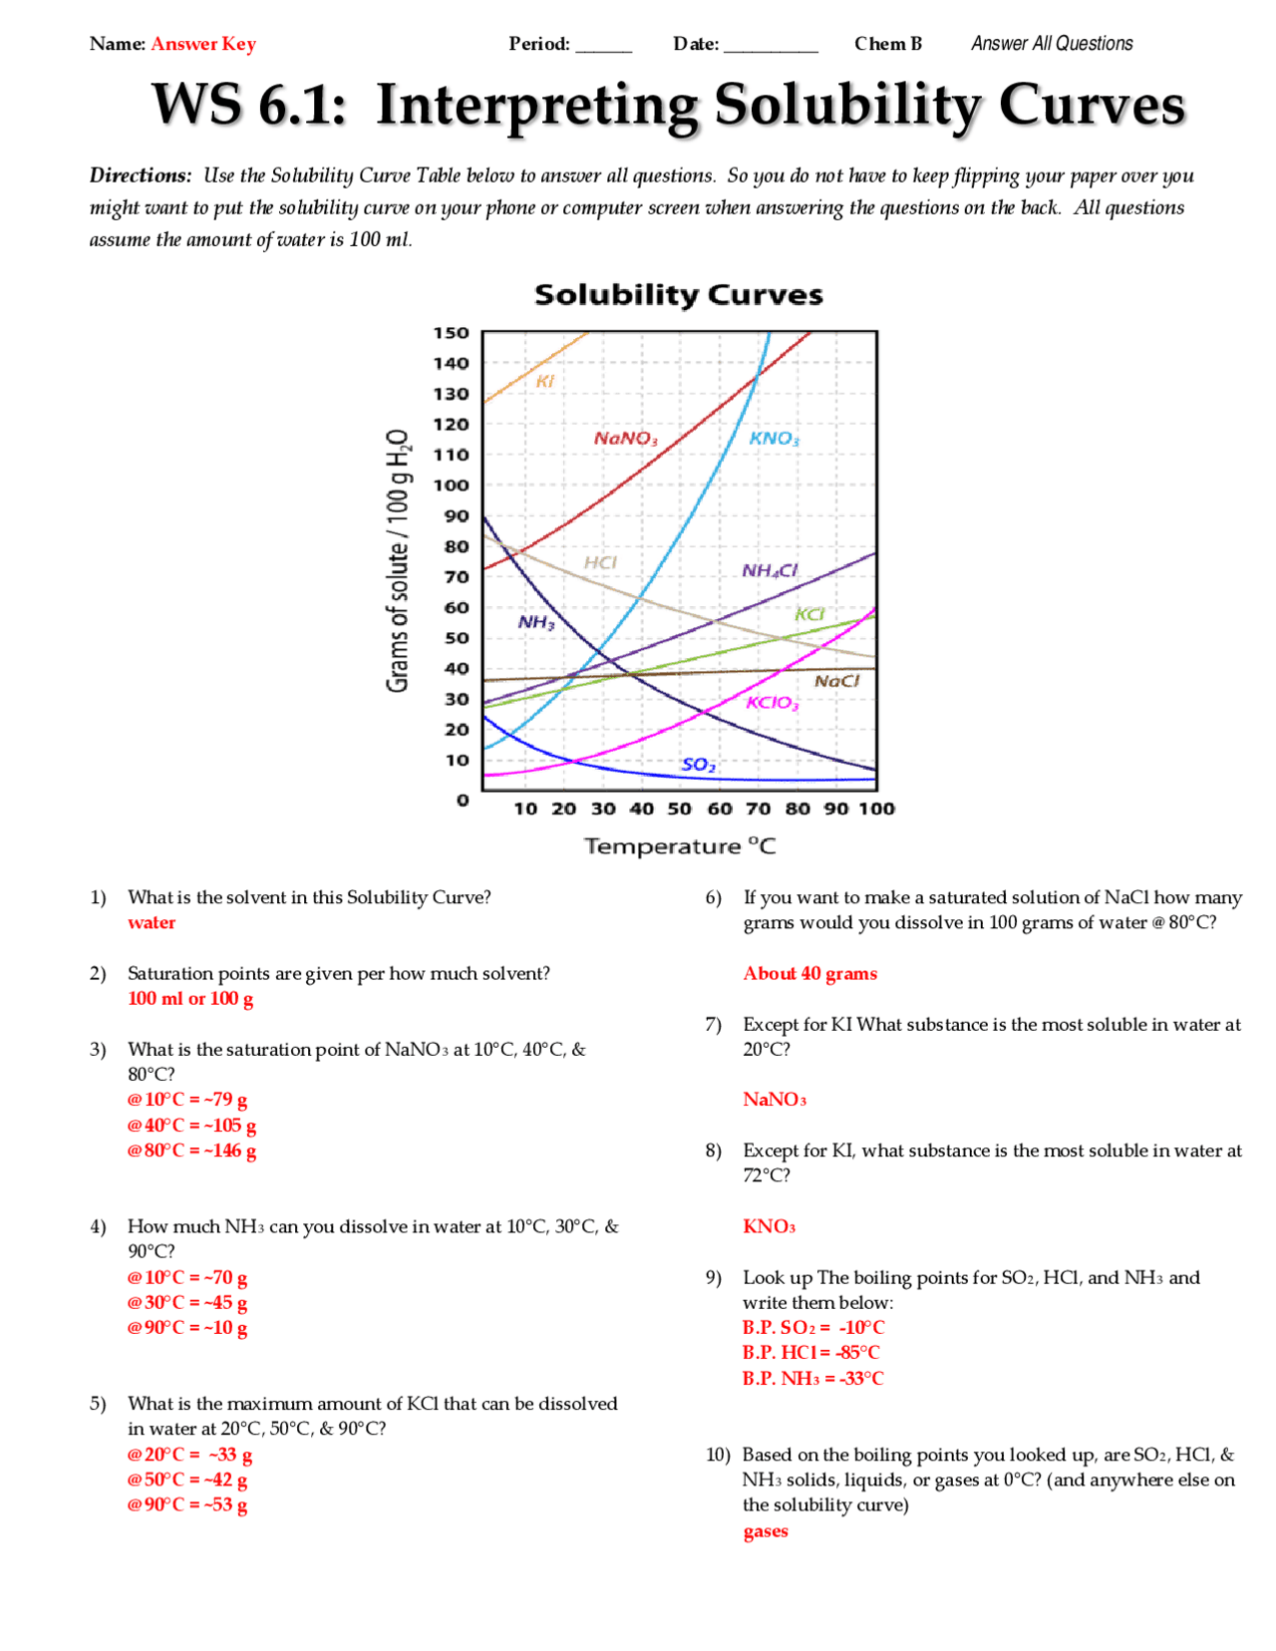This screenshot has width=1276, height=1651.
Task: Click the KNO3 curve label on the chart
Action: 774,439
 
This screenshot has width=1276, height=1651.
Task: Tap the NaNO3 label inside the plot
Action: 625,439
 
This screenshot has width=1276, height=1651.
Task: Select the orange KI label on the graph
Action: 544,381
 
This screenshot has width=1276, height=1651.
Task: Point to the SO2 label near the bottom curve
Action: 698,765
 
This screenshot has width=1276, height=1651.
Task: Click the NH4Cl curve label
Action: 770,570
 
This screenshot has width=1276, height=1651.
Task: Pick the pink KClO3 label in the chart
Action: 773,703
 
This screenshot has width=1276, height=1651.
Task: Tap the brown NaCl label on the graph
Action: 836,681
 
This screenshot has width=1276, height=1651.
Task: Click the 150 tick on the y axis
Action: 451,333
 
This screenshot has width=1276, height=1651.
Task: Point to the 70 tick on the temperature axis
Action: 758,809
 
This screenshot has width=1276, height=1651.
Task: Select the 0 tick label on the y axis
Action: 463,800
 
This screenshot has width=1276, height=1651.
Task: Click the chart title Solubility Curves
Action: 678,295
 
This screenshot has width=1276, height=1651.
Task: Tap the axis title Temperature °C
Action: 679,846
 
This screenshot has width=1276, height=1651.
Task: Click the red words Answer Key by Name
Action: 203,44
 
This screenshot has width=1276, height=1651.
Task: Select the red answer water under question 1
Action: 152,923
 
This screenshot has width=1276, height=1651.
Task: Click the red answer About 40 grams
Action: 809,974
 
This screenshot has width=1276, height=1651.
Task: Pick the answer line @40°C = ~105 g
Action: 191,1126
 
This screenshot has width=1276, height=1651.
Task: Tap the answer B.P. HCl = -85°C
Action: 810,1353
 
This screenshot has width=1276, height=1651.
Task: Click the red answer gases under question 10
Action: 765,1531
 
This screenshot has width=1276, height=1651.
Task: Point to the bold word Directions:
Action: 141,175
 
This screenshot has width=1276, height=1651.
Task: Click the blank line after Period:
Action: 603,46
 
